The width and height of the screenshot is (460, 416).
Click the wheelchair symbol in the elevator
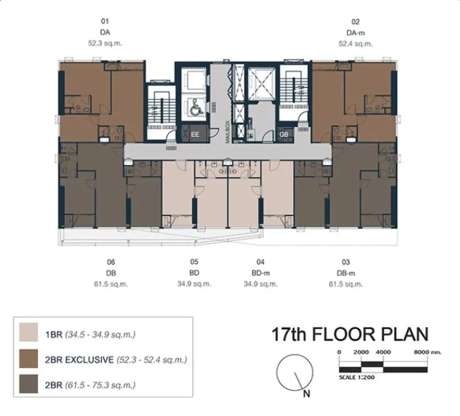196,107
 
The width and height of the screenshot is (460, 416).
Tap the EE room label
195,135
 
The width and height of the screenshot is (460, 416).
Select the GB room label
283,135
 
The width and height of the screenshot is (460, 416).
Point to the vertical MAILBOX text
227,132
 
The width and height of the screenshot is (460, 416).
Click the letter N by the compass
306,394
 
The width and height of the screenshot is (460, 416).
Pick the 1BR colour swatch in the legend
28,332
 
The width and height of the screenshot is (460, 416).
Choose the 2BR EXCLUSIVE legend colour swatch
28,358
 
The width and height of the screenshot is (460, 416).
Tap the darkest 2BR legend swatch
28,384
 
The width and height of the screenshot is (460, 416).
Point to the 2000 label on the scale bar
361,352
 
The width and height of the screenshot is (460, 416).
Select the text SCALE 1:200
356,377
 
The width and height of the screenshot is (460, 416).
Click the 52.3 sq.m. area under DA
105,43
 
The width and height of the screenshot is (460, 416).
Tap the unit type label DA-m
355,33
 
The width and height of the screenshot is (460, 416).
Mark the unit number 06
111,262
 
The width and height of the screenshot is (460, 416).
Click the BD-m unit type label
260,273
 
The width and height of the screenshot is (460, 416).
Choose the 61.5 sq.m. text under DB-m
346,284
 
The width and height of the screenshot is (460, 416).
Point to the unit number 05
194,262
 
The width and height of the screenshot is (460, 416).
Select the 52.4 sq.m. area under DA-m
355,44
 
